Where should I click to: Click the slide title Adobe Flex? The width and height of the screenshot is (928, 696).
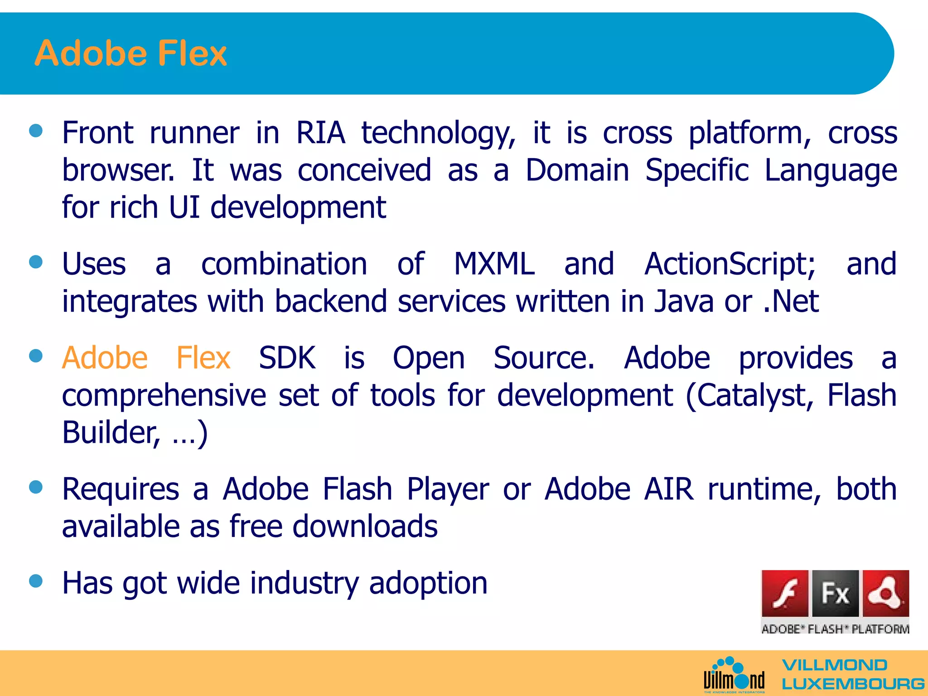(x=130, y=53)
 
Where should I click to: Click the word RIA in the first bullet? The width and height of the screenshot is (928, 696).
(x=320, y=133)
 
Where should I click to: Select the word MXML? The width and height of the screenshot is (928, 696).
(x=494, y=264)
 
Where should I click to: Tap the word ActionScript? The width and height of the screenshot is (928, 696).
(x=730, y=264)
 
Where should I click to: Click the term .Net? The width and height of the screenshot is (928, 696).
(x=791, y=302)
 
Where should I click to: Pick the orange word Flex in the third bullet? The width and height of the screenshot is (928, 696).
(x=203, y=358)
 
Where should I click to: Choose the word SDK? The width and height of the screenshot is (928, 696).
(x=287, y=358)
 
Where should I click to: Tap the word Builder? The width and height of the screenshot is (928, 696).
(x=111, y=433)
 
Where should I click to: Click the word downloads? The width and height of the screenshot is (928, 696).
(x=365, y=527)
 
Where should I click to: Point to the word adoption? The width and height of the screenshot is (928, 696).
(x=428, y=584)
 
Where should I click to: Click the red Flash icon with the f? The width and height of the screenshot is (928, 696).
(x=785, y=594)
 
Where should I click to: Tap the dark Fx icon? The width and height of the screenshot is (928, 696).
(x=835, y=594)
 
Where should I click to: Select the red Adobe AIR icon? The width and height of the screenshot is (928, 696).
(x=885, y=594)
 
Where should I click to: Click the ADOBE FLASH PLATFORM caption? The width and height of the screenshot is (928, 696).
(x=835, y=629)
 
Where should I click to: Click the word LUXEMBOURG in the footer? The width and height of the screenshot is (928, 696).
(x=853, y=684)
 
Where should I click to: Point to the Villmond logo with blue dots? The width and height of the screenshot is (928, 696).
(x=734, y=675)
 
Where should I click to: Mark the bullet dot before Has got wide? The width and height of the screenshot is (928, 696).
(x=36, y=580)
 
